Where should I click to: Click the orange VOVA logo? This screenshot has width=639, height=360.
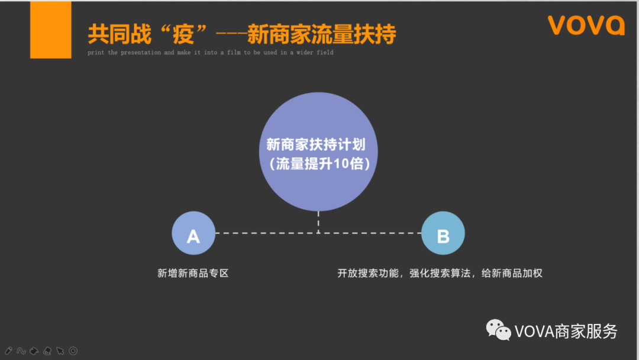[585, 25]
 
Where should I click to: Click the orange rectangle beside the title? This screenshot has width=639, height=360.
[51, 30]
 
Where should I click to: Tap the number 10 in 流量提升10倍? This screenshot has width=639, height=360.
[339, 164]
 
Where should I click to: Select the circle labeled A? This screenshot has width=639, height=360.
[193, 233]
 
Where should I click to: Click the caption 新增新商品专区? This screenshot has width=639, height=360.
[193, 273]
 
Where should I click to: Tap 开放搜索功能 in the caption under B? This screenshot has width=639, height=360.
[369, 273]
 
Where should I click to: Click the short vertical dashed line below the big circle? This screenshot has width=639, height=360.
[318, 221]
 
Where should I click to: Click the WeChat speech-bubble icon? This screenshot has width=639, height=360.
[498, 330]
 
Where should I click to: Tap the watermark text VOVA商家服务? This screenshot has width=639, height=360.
[566, 331]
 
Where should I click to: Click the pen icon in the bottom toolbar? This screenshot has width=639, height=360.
[8, 351]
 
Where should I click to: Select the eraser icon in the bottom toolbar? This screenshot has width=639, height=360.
[47, 351]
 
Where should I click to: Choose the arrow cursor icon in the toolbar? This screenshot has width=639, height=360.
[60, 351]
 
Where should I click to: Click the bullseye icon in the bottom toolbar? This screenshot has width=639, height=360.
[73, 351]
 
